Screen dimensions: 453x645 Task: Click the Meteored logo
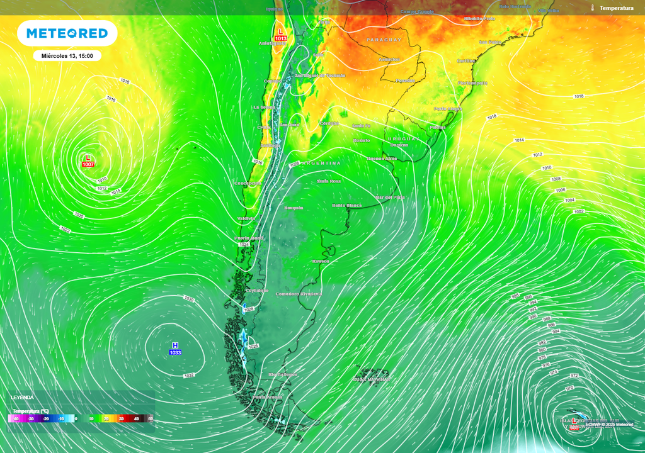[67, 33]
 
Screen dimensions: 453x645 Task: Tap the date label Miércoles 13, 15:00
[67, 56]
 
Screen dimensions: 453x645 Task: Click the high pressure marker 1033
[175, 349]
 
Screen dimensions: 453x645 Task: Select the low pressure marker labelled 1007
[88, 161]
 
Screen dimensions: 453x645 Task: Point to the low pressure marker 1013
[280, 35]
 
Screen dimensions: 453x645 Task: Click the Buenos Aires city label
[382, 159]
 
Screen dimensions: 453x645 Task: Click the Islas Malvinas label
[372, 379]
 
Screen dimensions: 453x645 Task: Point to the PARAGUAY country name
[384, 40]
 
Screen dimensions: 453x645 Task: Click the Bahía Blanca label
[347, 205]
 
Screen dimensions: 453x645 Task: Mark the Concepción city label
[248, 183]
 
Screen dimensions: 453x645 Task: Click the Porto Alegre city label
[448, 109]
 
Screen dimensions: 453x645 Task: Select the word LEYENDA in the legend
[23, 398]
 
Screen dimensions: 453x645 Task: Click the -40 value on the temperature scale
[16, 418]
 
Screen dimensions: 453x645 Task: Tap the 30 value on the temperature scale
[120, 418]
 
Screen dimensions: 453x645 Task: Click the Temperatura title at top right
[616, 8]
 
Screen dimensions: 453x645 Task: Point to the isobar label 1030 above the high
[188, 298]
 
